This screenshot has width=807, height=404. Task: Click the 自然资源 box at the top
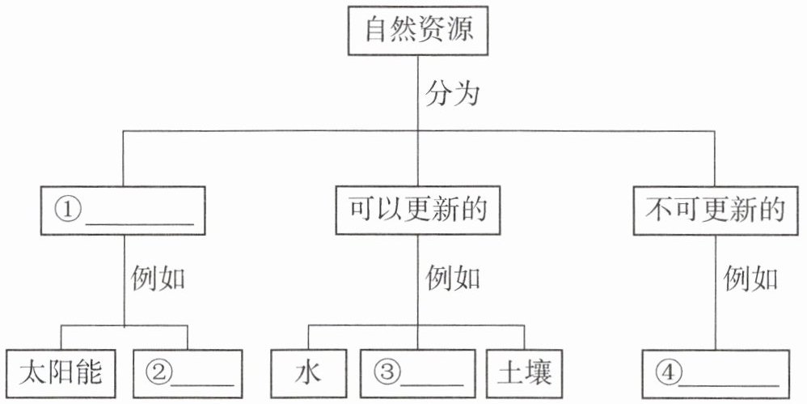click(417, 31)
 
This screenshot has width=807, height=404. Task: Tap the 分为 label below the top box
click(452, 94)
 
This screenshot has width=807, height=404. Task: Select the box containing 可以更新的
click(417, 211)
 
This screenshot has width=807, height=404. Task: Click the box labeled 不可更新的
click(715, 211)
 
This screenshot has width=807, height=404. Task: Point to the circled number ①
click(68, 211)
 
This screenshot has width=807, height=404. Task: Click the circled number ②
click(158, 373)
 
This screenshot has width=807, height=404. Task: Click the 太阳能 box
click(60, 373)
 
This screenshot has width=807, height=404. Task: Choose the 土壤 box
click(525, 373)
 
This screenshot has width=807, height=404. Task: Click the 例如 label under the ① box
click(158, 279)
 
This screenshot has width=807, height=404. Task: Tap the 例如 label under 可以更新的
click(453, 279)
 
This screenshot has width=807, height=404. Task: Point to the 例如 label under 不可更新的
click(750, 279)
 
